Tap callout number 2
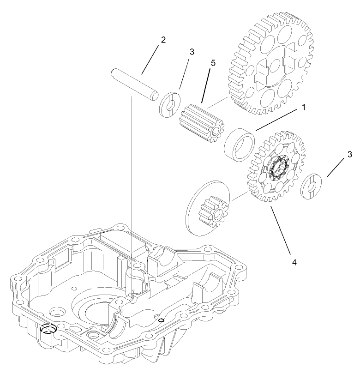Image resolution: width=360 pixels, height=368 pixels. pos(163,40)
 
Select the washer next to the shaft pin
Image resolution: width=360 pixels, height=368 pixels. pos(169,105)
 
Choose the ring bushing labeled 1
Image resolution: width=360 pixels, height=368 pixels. pos(240,145)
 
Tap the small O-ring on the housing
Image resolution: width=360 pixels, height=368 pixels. pos(161,320)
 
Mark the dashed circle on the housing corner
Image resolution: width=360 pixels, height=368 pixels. pos(47,329)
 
